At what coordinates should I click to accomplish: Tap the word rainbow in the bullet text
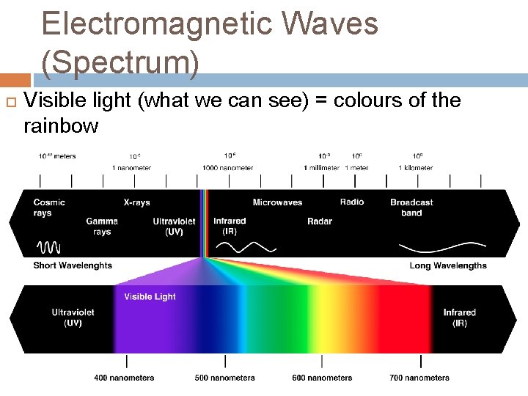coord(61,126)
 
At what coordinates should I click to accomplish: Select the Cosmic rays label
coord(49,208)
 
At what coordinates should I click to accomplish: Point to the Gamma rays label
coord(102,226)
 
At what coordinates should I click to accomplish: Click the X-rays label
coord(136,202)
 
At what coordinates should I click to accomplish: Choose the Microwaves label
coord(277,202)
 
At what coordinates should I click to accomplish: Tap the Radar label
coord(320,221)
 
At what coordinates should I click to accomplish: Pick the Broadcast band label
coord(411,208)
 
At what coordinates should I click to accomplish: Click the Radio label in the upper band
coord(352,202)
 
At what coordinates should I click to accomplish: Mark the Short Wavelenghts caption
coord(73,265)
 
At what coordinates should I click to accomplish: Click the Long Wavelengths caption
coord(448,265)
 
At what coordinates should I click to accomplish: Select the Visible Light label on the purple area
coord(150,297)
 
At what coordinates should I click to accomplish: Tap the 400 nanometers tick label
coord(124,378)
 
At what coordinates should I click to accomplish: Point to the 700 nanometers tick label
coord(419,378)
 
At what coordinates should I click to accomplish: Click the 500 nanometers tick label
coord(225,378)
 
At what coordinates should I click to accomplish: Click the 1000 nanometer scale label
coord(228,168)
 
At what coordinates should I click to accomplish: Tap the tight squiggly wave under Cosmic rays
coord(49,246)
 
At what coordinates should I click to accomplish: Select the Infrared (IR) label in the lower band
coord(460,318)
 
